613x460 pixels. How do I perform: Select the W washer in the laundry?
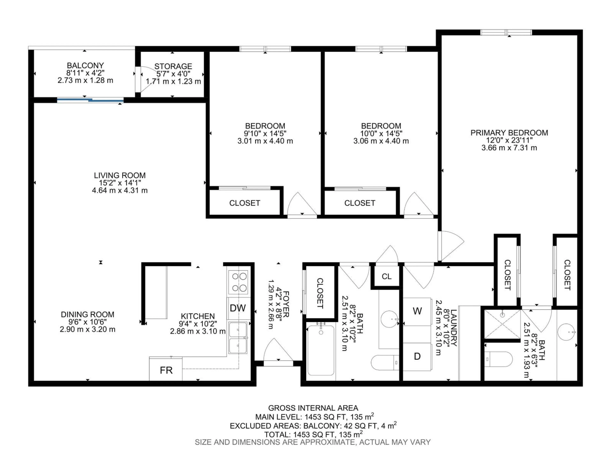[417, 311]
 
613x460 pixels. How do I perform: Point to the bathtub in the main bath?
[321, 350]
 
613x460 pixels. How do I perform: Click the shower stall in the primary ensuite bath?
[502, 324]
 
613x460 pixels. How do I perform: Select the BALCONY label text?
[85, 65]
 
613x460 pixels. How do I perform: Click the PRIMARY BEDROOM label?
[509, 133]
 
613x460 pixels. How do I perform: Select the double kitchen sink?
[238, 338]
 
